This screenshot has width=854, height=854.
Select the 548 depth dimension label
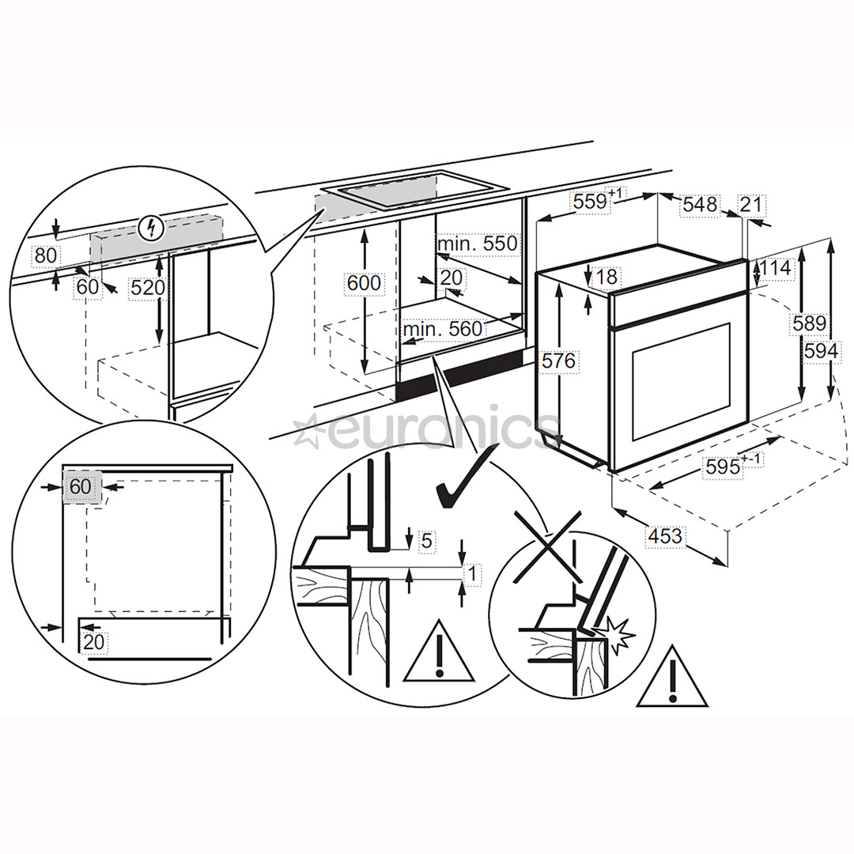pos(700,205)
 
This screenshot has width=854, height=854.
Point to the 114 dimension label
pos(775,268)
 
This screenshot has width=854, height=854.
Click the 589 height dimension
pos(810,323)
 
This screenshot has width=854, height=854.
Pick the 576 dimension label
pos(559,361)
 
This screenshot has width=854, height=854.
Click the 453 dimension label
pos(664,537)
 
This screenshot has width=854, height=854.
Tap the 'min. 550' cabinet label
pos(478,244)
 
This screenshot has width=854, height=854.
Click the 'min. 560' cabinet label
pos(442,328)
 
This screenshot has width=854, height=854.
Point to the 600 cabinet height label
pos(364,282)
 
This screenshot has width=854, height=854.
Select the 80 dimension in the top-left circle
pos(46,255)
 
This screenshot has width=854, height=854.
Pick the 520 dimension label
pos(149,288)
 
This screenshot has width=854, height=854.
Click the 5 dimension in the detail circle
pos(425,541)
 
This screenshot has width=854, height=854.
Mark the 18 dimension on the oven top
pos(607,276)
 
